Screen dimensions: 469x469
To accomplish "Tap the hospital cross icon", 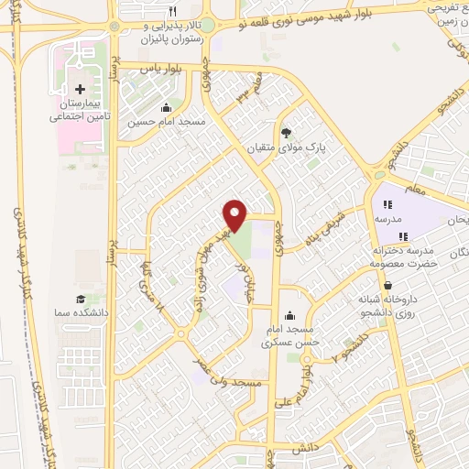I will coord(80,90).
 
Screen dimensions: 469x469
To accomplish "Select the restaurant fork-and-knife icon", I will coord(172,12).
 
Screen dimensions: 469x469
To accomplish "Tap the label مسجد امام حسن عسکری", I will coord(290,335).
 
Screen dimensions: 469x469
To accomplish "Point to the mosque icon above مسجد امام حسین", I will coord(165,107).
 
